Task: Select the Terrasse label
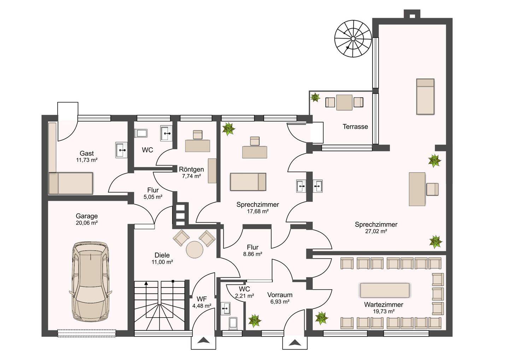pyautogui.click(x=355, y=127)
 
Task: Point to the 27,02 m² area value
pyautogui.click(x=376, y=231)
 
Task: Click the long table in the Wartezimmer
pyautogui.click(x=385, y=290)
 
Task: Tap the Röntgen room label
pyautogui.click(x=191, y=169)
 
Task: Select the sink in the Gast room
pyautogui.click(x=121, y=150)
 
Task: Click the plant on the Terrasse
pyautogui.click(x=315, y=97)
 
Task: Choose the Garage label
pyautogui.click(x=87, y=216)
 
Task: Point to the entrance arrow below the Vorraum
pyautogui.click(x=295, y=342)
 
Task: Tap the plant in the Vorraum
pyautogui.click(x=255, y=321)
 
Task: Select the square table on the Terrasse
pyautogui.click(x=344, y=102)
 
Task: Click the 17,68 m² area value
pyautogui.click(x=258, y=211)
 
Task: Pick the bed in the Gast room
pyautogui.click(x=71, y=183)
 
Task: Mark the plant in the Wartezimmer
pyautogui.click(x=321, y=318)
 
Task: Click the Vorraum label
pyautogui.click(x=280, y=295)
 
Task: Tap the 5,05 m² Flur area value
pyautogui.click(x=153, y=197)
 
